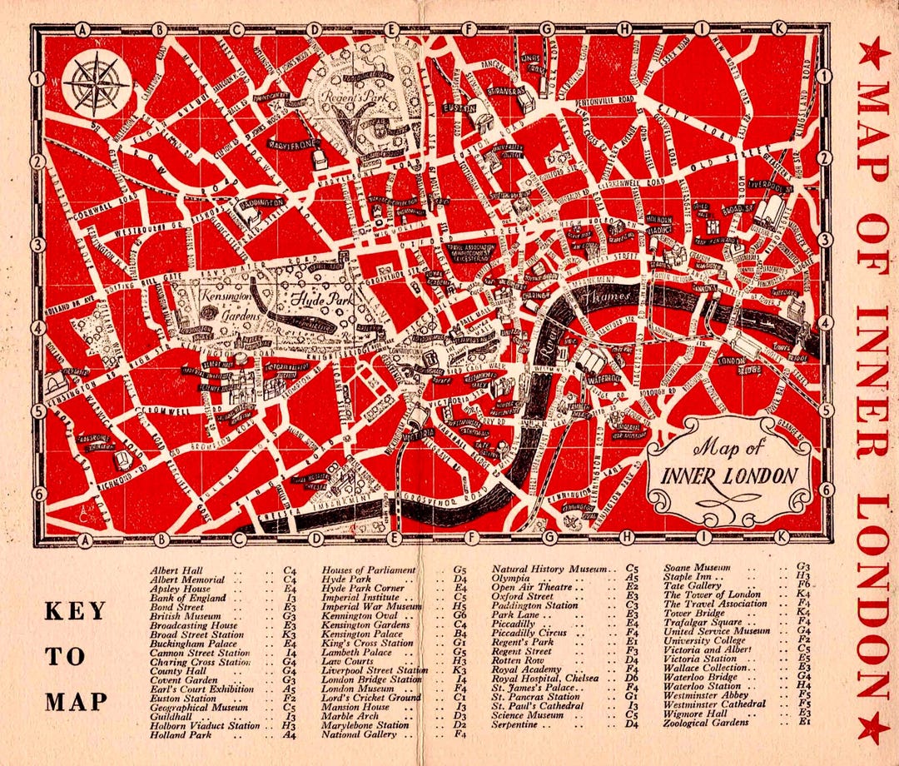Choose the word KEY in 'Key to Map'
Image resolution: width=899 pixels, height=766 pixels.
click(75, 610)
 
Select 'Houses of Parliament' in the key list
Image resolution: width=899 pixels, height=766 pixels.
click(368, 570)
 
